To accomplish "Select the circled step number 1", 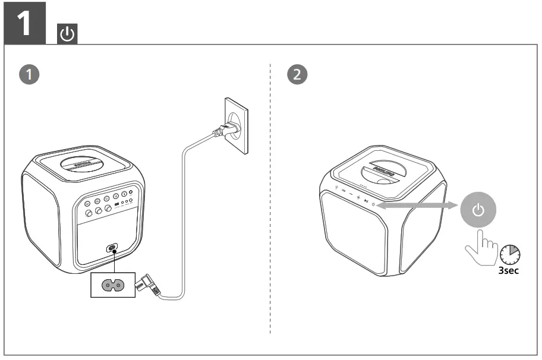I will click(x=27, y=75).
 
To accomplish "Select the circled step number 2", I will click(x=297, y=75).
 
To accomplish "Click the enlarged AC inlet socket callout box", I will click(x=113, y=285).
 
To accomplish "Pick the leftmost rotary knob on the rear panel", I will click(x=89, y=212).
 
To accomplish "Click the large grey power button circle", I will click(x=479, y=210).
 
